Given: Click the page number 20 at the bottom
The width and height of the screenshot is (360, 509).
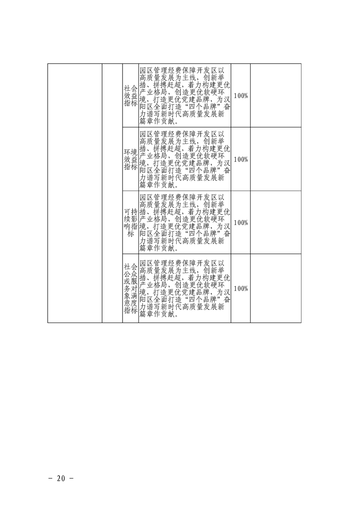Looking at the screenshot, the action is click(61, 478).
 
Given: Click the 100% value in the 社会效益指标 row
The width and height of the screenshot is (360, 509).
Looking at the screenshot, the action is click(241, 96).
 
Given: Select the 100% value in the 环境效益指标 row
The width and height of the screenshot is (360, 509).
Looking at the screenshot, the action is click(241, 159).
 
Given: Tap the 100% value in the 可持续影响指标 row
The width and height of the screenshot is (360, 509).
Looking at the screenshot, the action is click(241, 223).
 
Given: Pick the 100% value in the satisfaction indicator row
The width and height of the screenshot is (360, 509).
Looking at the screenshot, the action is click(241, 289).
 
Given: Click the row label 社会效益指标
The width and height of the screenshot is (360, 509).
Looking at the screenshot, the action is click(131, 96).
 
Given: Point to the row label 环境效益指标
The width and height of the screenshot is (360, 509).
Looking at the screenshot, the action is click(131, 159).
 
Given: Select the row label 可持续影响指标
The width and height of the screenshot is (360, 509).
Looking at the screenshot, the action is click(131, 223).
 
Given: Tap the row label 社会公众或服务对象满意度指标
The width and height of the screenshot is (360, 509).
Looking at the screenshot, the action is click(131, 289).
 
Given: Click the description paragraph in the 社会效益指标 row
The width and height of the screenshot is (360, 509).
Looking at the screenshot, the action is click(185, 96).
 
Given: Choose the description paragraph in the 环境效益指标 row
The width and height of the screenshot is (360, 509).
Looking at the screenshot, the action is click(185, 159).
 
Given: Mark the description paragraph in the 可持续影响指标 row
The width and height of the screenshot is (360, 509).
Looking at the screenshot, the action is click(185, 223).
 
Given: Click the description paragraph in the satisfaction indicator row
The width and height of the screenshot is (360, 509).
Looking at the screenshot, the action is click(185, 289).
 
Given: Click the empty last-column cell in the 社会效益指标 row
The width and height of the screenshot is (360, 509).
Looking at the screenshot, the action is click(276, 95).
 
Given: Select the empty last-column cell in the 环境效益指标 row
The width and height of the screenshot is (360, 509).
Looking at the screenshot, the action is click(276, 159).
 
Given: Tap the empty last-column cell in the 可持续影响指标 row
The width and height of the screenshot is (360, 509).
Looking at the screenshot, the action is click(276, 222).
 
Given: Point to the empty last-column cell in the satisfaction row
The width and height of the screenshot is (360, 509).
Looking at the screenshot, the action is click(276, 288).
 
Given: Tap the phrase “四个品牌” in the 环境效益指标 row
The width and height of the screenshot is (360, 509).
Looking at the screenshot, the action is click(199, 171).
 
